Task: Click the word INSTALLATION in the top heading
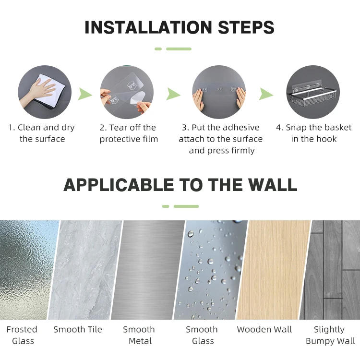click(148, 27)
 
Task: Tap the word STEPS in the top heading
click(246, 27)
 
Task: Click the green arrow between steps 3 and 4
click(266, 94)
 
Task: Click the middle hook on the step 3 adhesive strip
click(219, 89)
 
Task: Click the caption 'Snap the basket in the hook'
click(314, 133)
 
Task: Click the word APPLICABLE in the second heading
click(119, 185)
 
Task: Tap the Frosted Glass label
click(22, 335)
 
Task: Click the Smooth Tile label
click(78, 329)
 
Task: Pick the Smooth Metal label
click(139, 335)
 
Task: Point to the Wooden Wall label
click(264, 329)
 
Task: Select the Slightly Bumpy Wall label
click(330, 335)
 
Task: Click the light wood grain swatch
click(273, 270)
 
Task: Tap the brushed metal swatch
click(148, 270)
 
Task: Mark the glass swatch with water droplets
click(211, 270)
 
